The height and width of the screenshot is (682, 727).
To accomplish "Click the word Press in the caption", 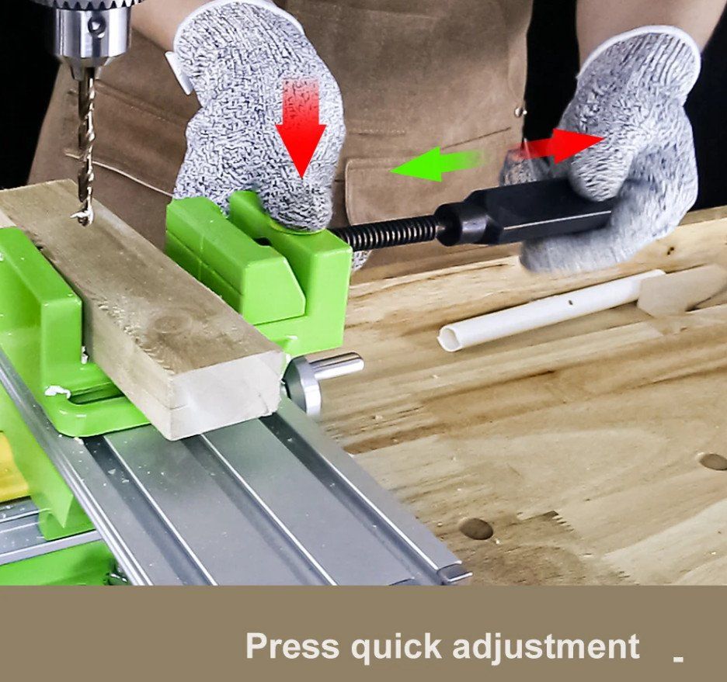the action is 292,646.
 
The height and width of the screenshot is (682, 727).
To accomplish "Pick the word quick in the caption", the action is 396,647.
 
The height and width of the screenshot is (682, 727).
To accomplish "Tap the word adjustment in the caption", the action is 546,646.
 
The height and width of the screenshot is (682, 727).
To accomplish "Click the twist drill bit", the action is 85,144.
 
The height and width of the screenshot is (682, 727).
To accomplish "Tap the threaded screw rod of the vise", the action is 384,231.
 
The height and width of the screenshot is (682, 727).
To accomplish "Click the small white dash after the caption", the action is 678,658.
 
